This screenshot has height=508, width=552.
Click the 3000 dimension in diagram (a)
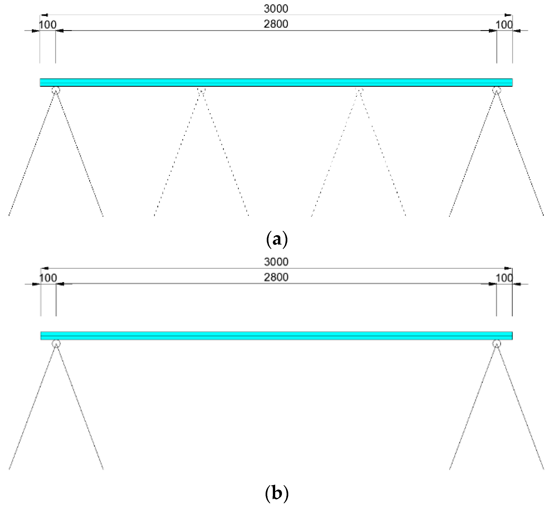pos(276,9)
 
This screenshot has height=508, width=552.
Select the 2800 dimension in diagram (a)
pos(276,24)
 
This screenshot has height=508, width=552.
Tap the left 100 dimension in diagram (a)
pos(47,25)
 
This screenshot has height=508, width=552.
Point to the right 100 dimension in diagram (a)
pos(504,25)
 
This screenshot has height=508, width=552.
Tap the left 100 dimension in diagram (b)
pos(48,278)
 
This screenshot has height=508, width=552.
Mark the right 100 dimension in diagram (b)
pos(504,278)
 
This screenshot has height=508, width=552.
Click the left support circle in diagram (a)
pos(56,90)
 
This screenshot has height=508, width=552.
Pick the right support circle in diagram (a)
pos(496,90)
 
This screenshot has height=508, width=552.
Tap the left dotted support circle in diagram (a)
pos(201,90)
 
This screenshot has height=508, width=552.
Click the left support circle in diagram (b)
pos(56,344)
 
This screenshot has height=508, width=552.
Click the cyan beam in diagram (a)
pos(276,83)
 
